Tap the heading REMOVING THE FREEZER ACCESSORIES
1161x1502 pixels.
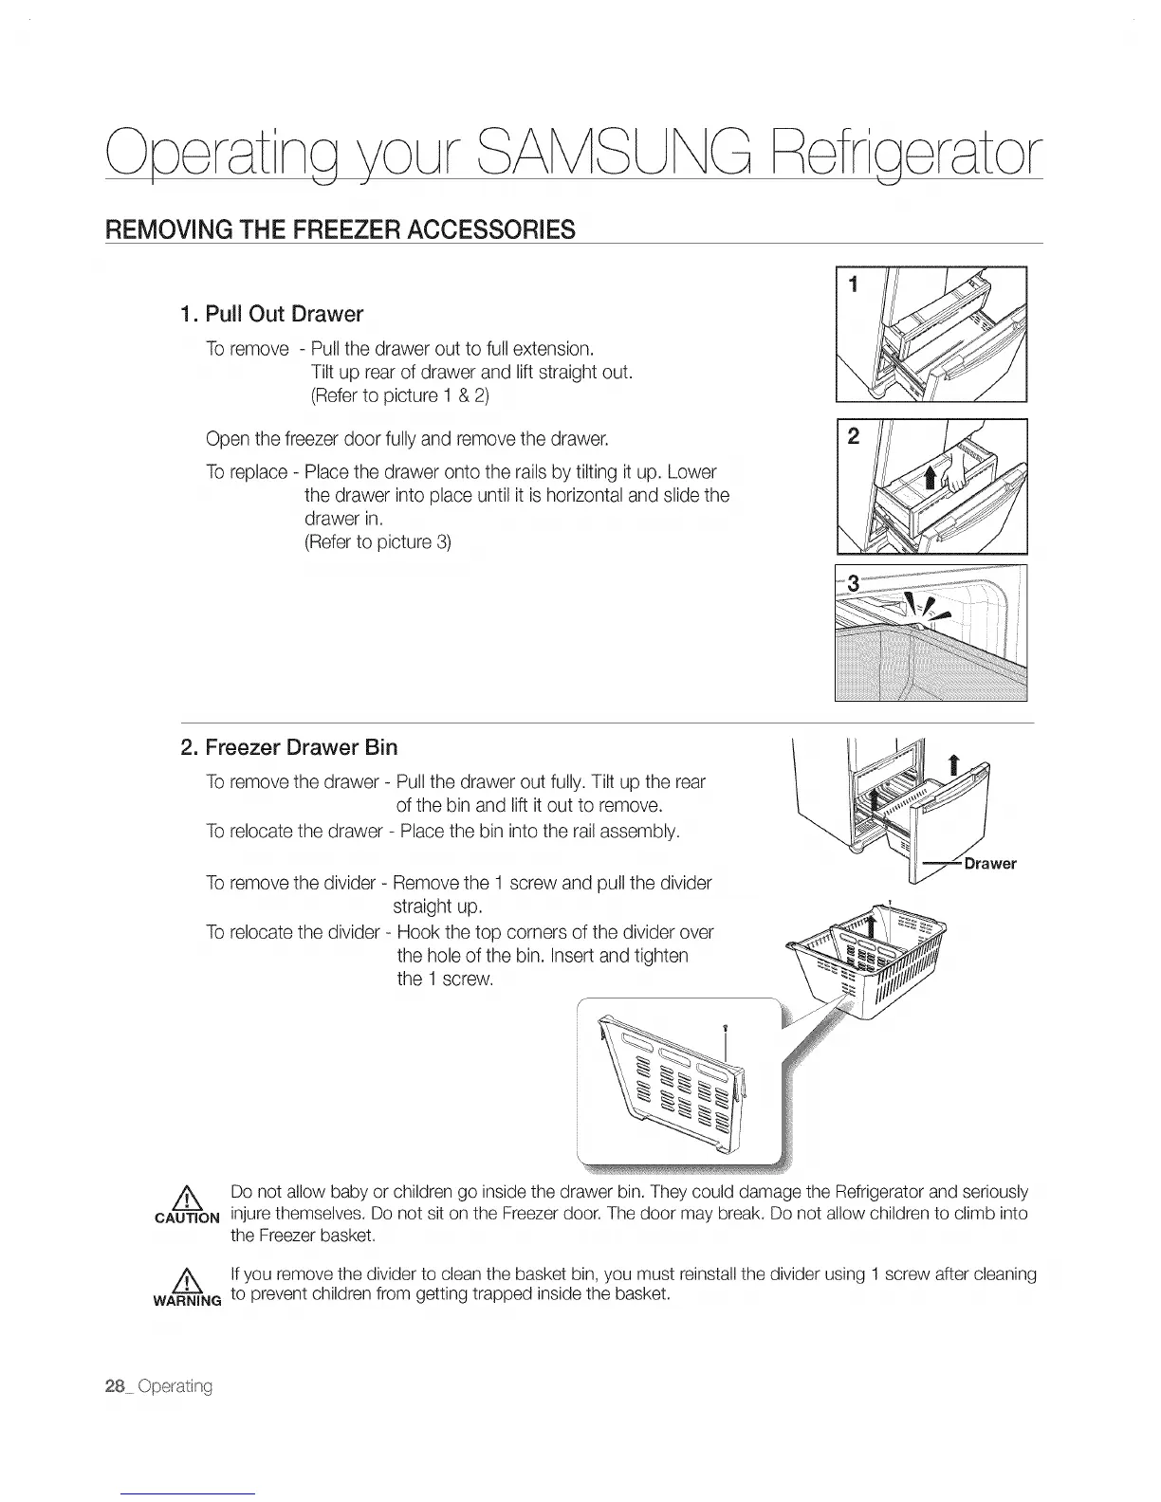tap(341, 230)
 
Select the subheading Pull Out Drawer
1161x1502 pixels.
tap(272, 314)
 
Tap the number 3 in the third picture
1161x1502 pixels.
tap(853, 584)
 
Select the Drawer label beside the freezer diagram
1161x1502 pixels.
tap(989, 864)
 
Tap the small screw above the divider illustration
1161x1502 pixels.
tap(725, 1026)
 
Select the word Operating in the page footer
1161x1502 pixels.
tap(175, 1386)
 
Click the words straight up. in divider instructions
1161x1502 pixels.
tap(439, 907)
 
